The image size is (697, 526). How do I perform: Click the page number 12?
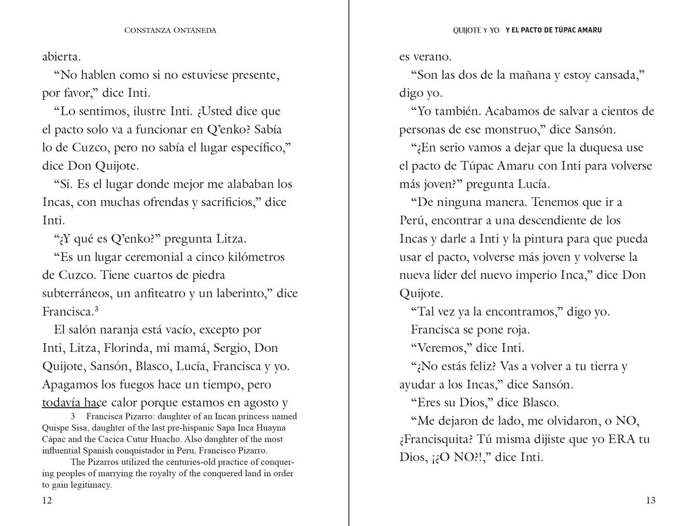[x=47, y=500]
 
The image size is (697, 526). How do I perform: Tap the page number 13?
[x=650, y=500]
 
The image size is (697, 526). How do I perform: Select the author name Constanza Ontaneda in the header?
[x=170, y=30]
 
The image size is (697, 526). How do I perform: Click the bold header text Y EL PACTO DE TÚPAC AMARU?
[x=553, y=30]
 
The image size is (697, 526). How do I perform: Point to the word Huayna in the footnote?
[x=271, y=428]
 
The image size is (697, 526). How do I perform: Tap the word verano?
[x=434, y=57]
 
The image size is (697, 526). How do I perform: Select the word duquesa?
[x=599, y=148]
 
